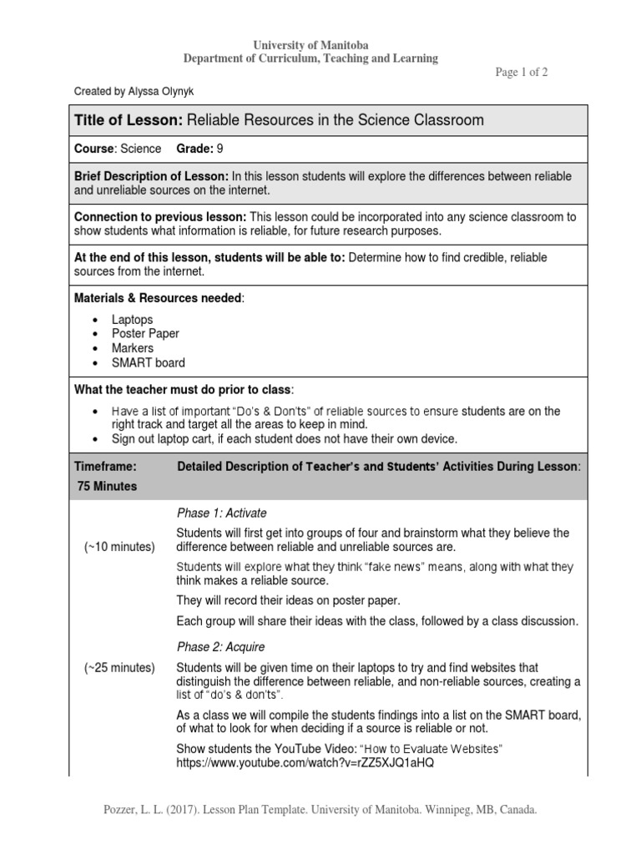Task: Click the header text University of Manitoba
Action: point(310,44)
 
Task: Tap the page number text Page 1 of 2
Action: point(522,72)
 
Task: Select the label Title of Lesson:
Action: point(129,120)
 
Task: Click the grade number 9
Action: point(220,149)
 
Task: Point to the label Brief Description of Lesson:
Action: point(151,176)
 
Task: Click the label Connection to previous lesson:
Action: point(159,217)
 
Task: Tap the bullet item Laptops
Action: point(133,320)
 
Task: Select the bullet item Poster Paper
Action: point(145,334)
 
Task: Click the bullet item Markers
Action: point(133,348)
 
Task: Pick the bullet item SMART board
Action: point(149,362)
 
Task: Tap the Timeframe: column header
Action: point(105,467)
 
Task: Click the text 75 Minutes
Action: point(107,486)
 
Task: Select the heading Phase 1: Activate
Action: point(222,513)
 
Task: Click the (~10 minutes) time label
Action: point(119,547)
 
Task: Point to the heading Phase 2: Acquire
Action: point(221,647)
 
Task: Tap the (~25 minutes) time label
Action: point(119,668)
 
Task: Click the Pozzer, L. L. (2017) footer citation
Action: point(320,811)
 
